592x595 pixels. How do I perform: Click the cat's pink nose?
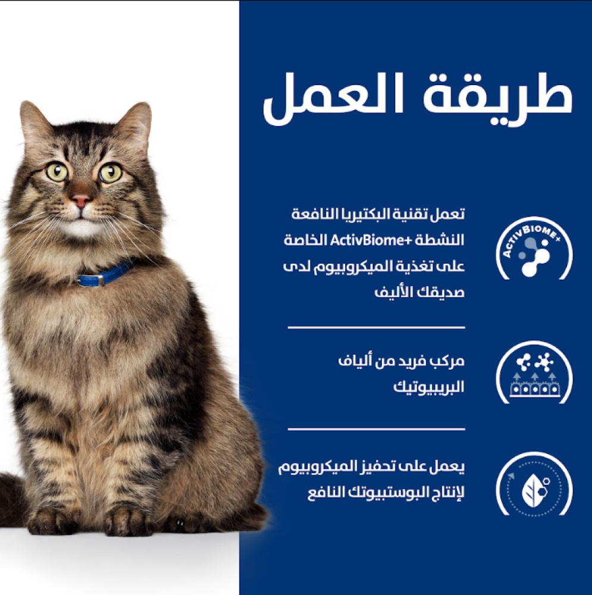click(81, 200)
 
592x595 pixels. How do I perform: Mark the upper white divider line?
click(376, 327)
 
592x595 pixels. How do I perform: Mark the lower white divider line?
click(376, 429)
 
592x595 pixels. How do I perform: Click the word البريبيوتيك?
click(428, 387)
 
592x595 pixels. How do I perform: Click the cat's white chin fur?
click(80, 228)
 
